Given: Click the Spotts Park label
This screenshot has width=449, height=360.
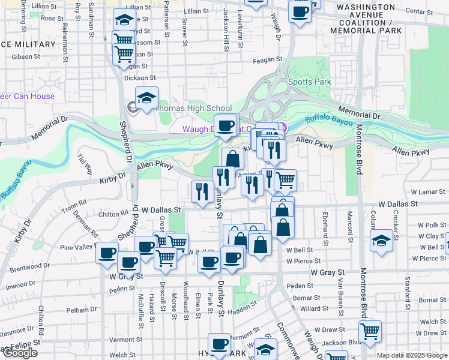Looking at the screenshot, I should [310, 82].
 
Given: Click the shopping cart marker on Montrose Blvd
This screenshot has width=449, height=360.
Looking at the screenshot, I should [370, 331].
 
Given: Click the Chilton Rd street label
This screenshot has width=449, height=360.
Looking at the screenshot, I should [113, 212].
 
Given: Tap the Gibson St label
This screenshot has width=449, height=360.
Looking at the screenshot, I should [25, 57].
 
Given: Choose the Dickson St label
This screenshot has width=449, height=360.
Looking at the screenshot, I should [140, 78].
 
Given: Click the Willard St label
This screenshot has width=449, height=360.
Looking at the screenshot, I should [314, 308].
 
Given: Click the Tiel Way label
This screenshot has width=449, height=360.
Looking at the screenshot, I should [85, 164].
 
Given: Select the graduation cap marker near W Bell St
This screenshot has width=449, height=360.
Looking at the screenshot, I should [382, 241].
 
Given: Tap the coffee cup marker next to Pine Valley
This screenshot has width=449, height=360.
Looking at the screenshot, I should [107, 253].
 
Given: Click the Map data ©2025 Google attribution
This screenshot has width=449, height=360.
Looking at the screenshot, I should [412, 355].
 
